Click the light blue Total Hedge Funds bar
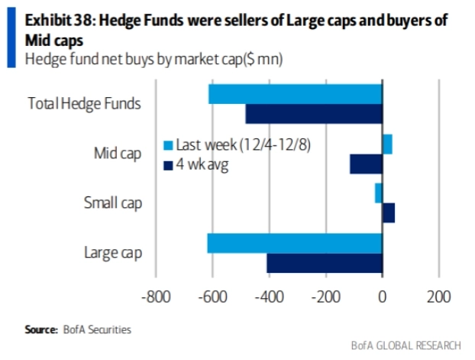295,94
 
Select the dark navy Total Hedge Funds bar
313,113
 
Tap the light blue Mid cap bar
387,144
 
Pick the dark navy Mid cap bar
366,164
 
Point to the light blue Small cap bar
378,193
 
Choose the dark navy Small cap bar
388,212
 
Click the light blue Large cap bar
294,243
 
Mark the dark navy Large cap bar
324,263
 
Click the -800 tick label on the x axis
154,297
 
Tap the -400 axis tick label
268,297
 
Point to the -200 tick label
325,297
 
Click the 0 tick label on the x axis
382,297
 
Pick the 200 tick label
438,297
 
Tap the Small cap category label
111,203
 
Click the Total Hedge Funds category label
84,104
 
